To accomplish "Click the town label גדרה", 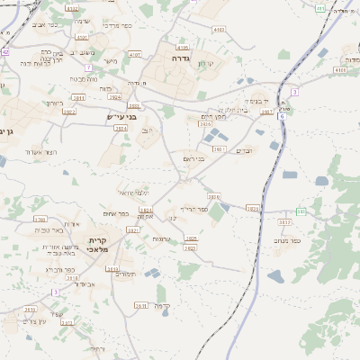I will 176,58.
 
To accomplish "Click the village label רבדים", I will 246,150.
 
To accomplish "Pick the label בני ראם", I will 194,159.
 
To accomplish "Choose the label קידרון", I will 205,63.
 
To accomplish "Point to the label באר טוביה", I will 49,231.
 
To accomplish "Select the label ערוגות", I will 162,238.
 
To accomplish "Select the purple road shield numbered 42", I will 4,51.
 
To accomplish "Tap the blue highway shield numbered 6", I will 282,117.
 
